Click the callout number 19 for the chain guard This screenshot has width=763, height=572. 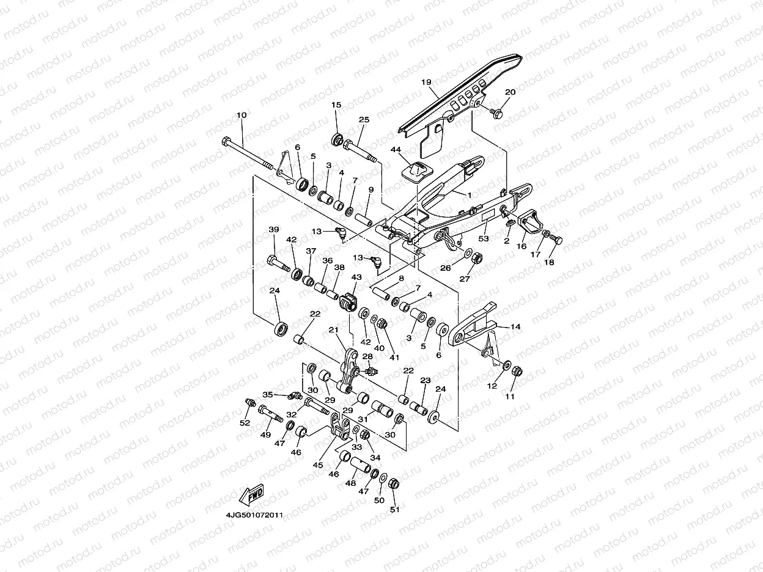point(426,82)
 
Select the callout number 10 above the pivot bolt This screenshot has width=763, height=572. point(241,115)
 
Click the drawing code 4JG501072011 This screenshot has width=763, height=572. point(254,515)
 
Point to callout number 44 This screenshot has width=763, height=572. point(396,150)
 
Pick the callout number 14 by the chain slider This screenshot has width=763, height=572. point(515,327)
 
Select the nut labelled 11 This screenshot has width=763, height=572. point(515,371)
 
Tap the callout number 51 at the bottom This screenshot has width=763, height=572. point(394,510)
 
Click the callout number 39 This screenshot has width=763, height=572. point(274,229)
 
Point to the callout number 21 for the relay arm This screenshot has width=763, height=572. point(333,330)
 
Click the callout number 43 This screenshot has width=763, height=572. point(356,277)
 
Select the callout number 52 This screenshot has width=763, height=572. point(245,423)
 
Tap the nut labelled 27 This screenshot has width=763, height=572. point(478,258)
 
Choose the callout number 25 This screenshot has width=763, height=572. point(364,120)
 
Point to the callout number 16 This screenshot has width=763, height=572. point(522,246)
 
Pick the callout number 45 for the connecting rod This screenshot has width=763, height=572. point(319,465)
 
